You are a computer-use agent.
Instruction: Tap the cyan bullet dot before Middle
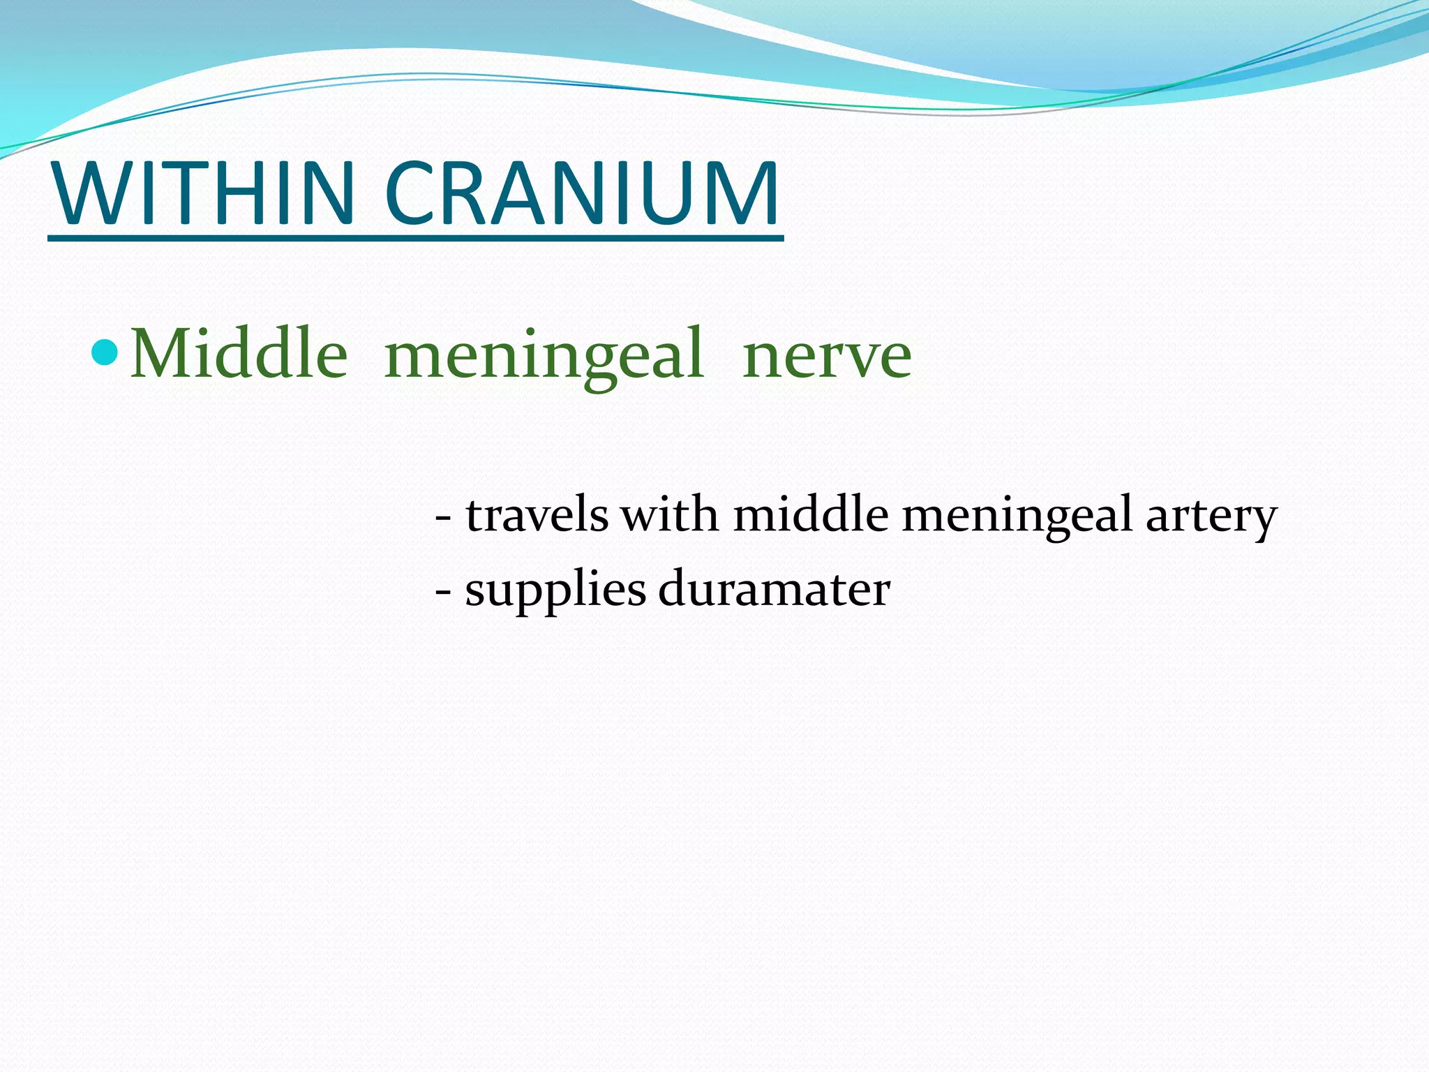[106, 352]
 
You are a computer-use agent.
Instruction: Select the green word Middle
[239, 354]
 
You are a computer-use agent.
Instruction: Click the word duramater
[774, 589]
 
